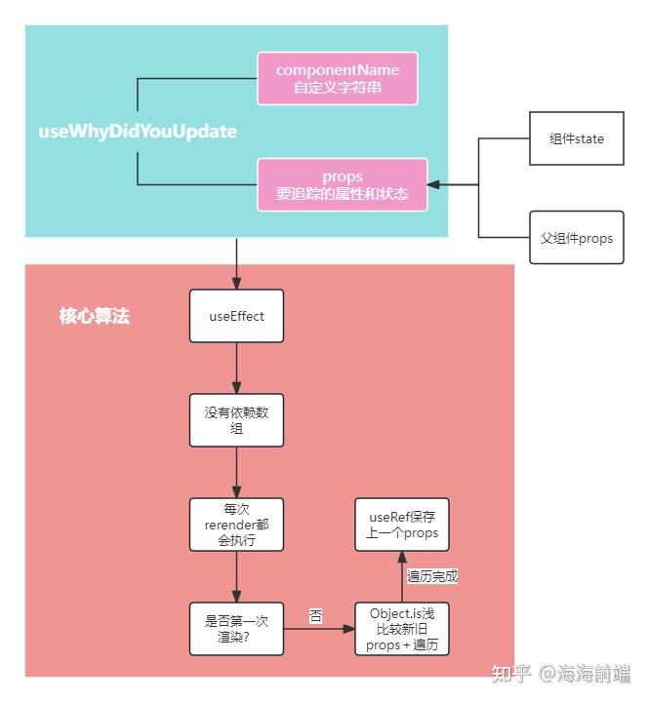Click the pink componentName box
point(337,79)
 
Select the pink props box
point(343,184)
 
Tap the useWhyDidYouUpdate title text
point(137,132)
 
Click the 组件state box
point(576,138)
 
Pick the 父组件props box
point(576,237)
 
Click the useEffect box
point(236,316)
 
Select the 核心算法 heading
point(94,317)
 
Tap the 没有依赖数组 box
point(236,420)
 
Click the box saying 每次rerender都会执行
point(236,525)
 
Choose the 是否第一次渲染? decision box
point(236,629)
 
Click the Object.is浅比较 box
point(402,629)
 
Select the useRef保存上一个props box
point(402,525)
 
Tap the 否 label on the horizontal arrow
point(315,616)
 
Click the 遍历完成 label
point(431,576)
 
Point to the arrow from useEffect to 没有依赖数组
point(236,368)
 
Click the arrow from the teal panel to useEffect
point(236,263)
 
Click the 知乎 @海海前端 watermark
point(561,674)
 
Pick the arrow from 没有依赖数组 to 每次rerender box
point(236,472)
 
